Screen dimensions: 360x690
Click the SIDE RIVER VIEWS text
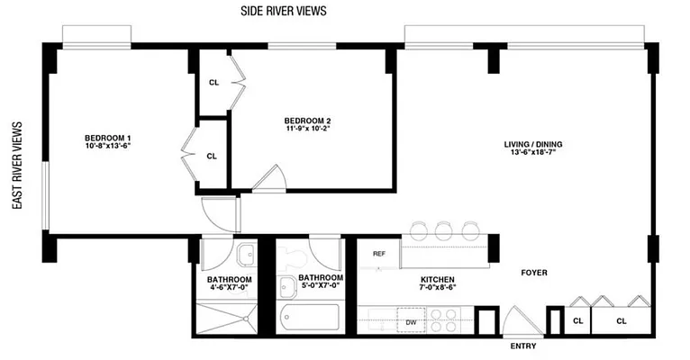click(x=283, y=12)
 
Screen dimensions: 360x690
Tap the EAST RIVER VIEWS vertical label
click(x=17, y=166)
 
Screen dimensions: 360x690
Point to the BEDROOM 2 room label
click(x=307, y=121)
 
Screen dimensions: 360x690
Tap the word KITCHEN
click(x=435, y=280)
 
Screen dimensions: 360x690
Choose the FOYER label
click(x=533, y=273)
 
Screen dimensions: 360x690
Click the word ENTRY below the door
click(x=522, y=346)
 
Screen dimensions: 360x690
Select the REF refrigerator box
click(x=379, y=254)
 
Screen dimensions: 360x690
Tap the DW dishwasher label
click(x=410, y=320)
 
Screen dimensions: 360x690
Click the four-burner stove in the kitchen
click(x=443, y=319)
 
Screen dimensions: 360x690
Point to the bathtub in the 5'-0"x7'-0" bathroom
click(x=309, y=318)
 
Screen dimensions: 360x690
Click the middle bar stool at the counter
click(x=443, y=229)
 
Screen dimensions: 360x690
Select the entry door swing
click(x=521, y=319)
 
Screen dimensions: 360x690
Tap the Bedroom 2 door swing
click(x=268, y=180)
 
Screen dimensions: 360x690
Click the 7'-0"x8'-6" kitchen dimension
click(x=435, y=291)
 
